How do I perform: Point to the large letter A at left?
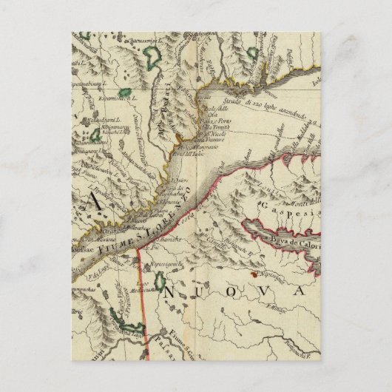[93, 200]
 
